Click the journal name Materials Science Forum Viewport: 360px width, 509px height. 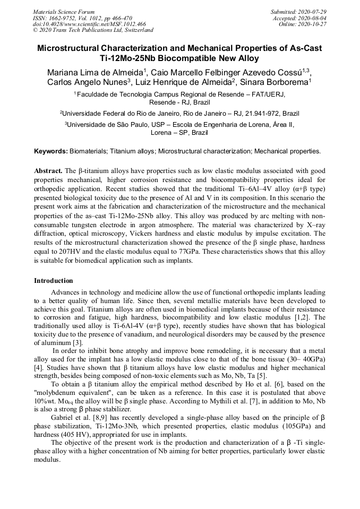[x=64, y=11]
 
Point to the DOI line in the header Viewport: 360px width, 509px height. [x=89, y=24]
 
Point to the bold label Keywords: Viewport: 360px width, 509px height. [x=51, y=151]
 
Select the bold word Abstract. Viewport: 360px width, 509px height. [x=48, y=171]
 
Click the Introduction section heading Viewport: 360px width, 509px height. [x=53, y=281]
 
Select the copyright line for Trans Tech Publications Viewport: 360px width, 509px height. [x=93, y=30]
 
